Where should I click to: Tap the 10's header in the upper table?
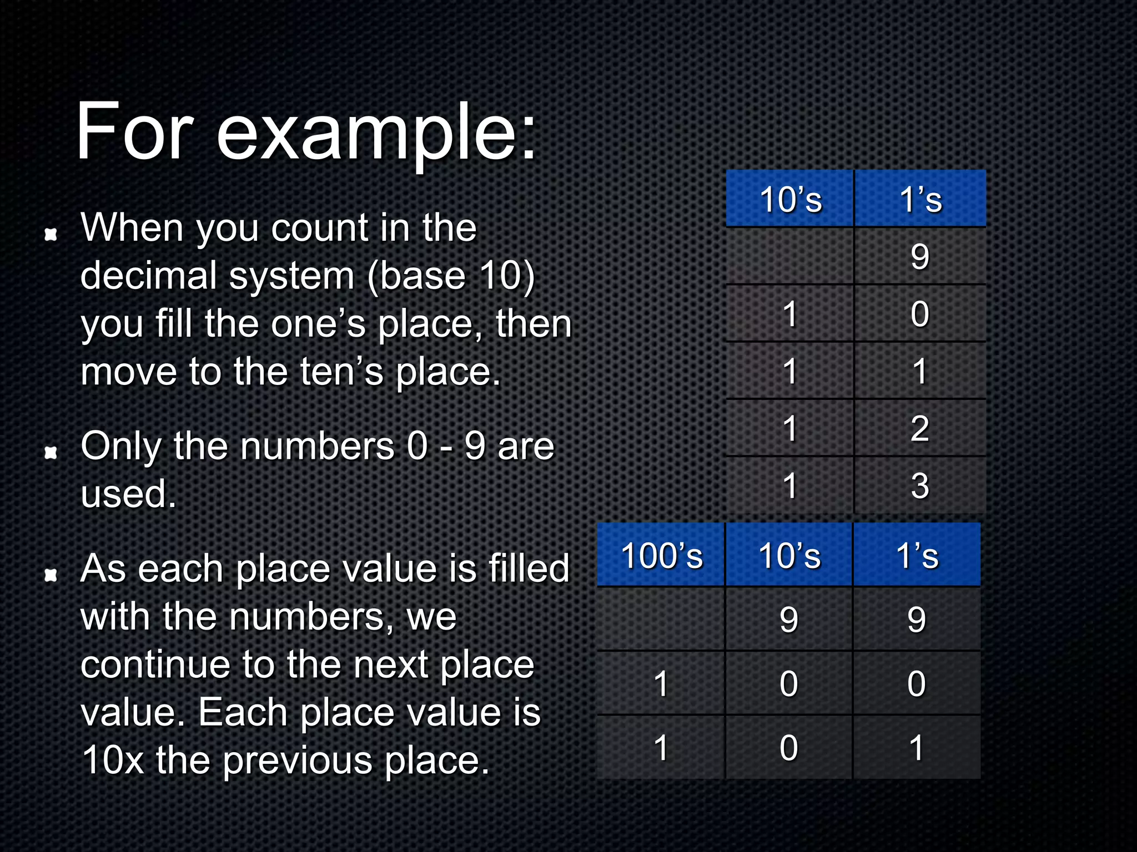tap(790, 200)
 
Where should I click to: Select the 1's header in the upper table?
tap(920, 200)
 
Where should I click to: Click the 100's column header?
tap(661, 556)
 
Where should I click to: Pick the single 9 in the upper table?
tap(920, 257)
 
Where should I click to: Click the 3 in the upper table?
tap(920, 486)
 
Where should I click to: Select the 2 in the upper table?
tap(920, 428)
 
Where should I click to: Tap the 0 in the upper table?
tap(920, 314)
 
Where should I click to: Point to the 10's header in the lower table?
tap(789, 556)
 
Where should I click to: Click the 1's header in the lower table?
tap(917, 556)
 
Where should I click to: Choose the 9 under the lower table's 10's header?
tap(789, 619)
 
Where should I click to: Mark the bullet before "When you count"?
tap(51, 234)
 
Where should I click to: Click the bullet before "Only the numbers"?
tap(51, 453)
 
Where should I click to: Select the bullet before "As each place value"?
tap(51, 575)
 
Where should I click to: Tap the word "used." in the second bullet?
tap(128, 494)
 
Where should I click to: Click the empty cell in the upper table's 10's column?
tap(789, 257)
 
